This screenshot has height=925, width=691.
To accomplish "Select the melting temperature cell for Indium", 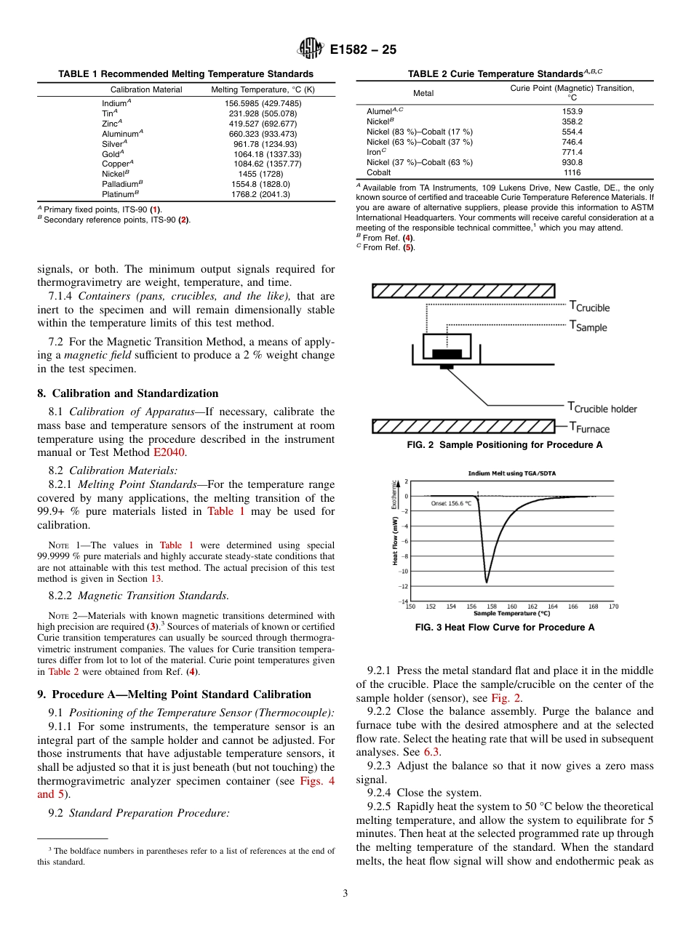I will tap(263, 104).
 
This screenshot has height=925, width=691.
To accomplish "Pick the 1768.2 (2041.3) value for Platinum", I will tap(260, 194).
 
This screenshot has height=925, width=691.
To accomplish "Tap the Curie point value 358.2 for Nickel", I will tap(572, 121).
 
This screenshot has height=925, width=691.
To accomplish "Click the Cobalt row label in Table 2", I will tap(378, 173).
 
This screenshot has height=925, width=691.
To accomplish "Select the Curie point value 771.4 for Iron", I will tap(572, 153).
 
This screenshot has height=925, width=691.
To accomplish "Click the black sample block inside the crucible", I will tap(447, 353).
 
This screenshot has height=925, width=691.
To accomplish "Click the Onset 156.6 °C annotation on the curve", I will tap(451, 503).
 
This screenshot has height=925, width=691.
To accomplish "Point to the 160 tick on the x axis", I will tap(511, 606).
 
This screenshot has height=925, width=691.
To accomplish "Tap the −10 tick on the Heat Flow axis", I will tap(404, 571).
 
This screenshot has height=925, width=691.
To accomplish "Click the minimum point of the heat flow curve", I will tap(486, 582).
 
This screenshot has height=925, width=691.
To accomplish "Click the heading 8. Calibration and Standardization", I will tap(127, 393).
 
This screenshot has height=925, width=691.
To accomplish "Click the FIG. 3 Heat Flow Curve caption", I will tap(504, 627).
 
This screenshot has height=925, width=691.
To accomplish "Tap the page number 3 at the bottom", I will tap(345, 894).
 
